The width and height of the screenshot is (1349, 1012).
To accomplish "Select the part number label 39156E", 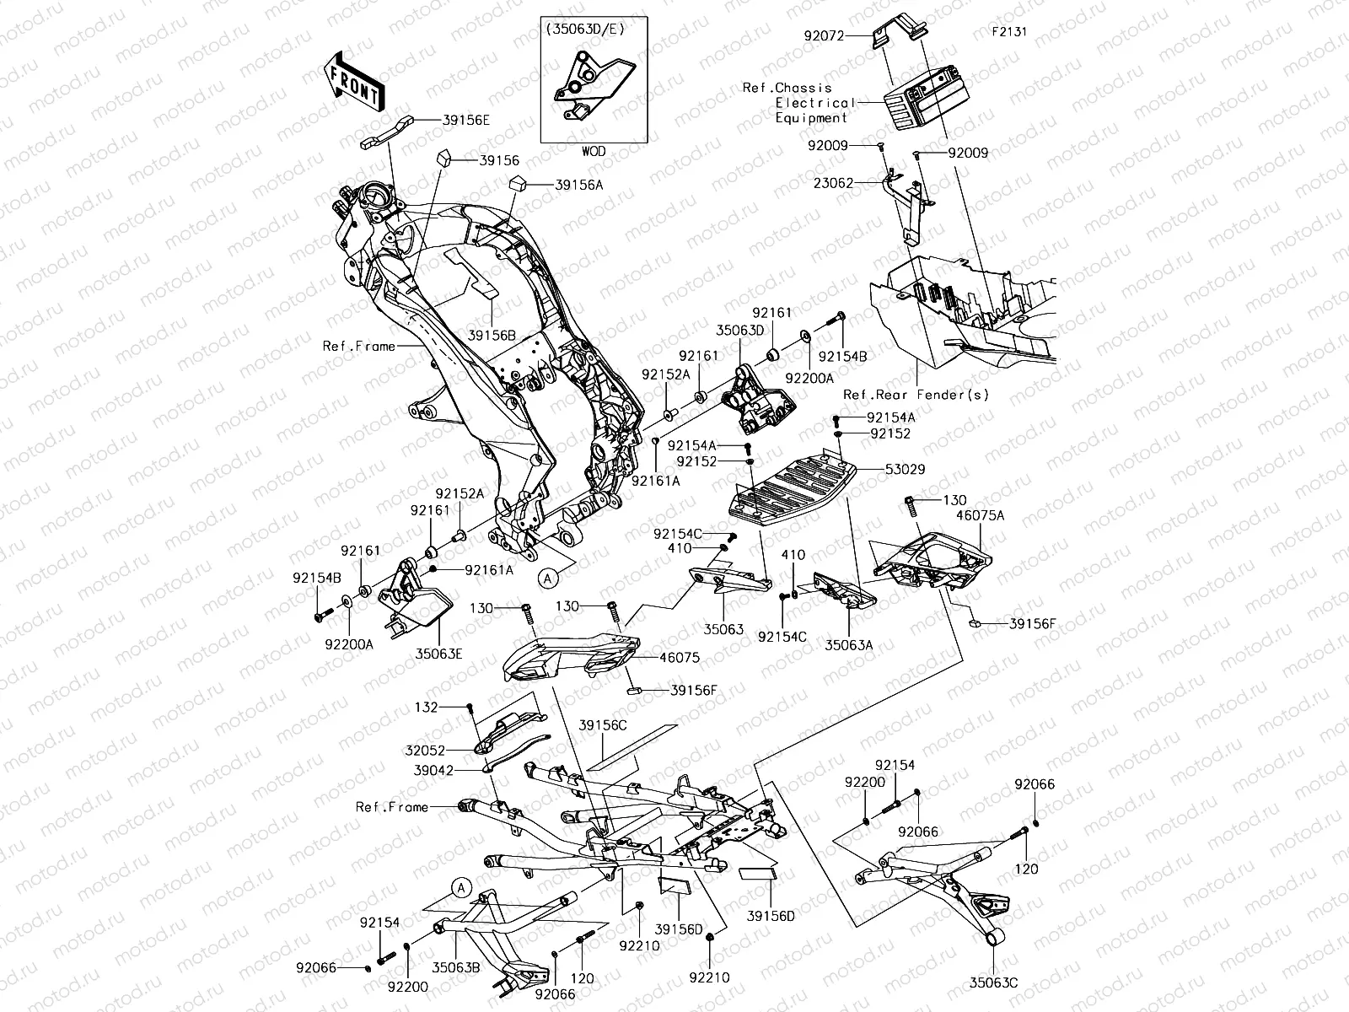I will coord(465,121).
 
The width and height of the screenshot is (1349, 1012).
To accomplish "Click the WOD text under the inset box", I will coord(593,152).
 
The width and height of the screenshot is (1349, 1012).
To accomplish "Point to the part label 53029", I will coord(905,469).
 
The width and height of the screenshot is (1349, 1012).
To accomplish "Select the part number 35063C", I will coord(993,982).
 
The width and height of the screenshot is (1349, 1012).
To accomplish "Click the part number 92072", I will coord(823,36).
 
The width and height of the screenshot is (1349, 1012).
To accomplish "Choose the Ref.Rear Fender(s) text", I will coord(916,395).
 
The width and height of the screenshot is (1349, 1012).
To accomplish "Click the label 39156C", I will coord(603,725).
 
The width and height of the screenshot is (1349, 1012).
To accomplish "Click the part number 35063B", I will coord(457,968).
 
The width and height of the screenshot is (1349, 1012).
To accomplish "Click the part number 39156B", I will coord(492,335).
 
